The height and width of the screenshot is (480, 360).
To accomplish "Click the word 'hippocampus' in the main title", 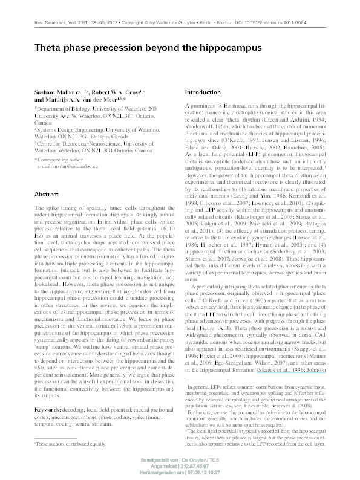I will pyautogui.click(x=226, y=47).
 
